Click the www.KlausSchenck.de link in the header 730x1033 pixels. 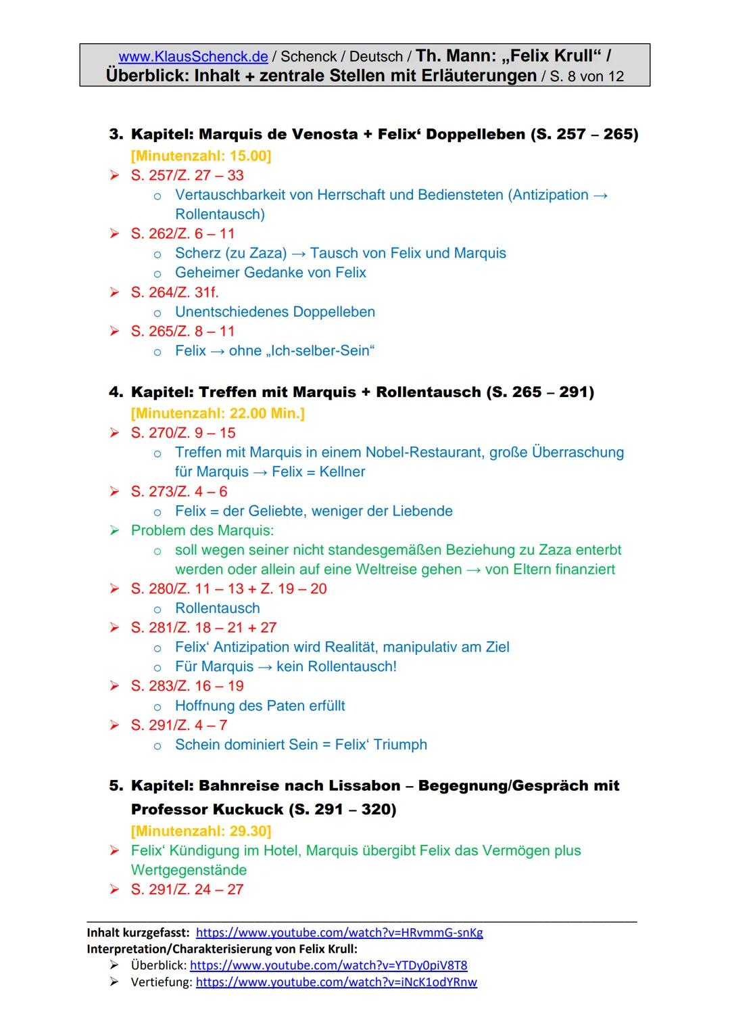tap(193, 57)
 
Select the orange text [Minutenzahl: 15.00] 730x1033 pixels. tap(201, 156)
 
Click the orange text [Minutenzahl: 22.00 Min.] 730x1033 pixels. tap(218, 413)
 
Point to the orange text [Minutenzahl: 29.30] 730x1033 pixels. tap(201, 831)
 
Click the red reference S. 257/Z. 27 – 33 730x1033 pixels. tap(187, 176)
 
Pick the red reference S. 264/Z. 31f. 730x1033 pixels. tap(174, 292)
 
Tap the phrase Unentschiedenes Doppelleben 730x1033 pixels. tap(274, 312)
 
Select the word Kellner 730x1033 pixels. tap(342, 472)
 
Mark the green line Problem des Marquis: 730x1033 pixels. tap(202, 530)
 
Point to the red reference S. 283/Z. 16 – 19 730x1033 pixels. tap(187, 686)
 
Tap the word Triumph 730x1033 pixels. tap(399, 745)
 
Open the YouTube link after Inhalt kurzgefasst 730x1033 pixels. tap(339, 933)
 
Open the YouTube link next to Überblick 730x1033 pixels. tap(328, 965)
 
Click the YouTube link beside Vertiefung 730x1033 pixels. tap(336, 982)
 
